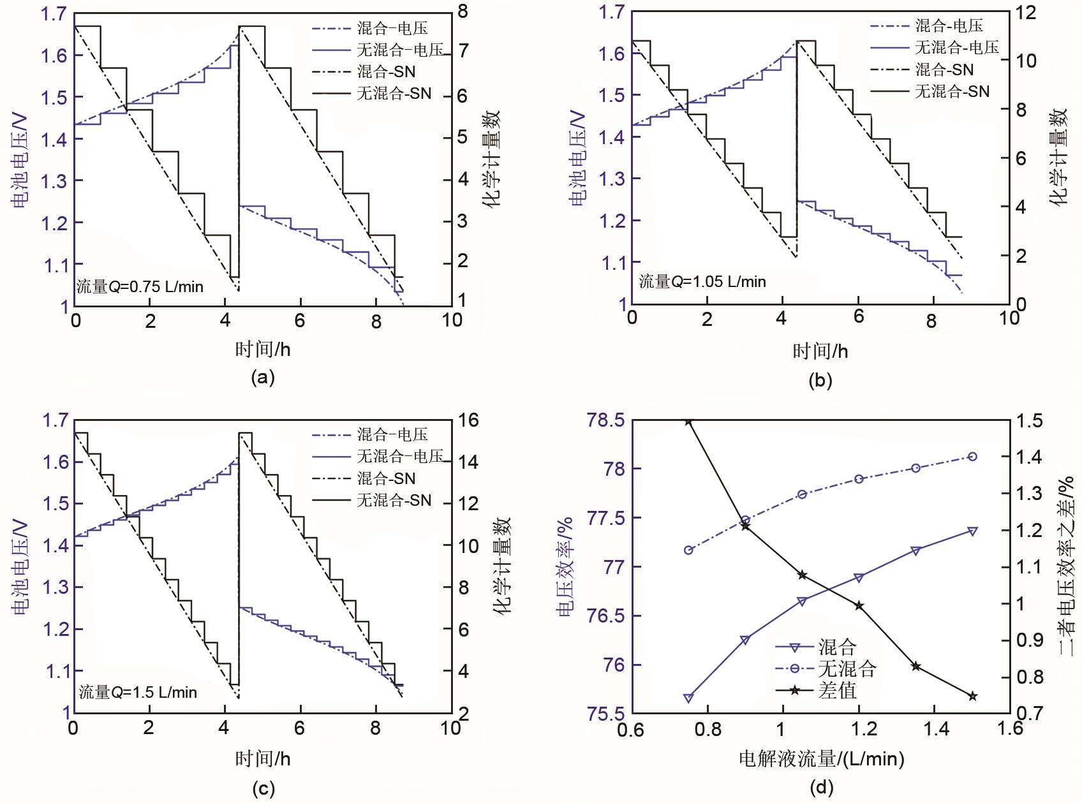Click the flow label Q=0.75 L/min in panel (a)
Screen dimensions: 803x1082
coord(140,286)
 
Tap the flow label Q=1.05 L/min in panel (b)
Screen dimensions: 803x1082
coord(702,281)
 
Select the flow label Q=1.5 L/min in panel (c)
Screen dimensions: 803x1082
coord(138,692)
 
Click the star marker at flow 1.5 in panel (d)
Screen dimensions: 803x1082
coord(973,696)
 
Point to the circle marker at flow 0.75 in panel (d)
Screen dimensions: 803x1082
coord(688,550)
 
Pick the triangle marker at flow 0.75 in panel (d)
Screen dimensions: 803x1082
coord(688,698)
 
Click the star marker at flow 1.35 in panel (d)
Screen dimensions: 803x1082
coord(916,667)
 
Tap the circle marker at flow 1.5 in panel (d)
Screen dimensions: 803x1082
coord(973,457)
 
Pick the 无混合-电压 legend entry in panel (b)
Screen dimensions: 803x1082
coord(956,47)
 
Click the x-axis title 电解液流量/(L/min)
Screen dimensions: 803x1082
coord(821,758)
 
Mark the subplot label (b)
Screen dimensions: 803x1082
coord(820,381)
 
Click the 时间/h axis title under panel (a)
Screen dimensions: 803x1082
coord(263,350)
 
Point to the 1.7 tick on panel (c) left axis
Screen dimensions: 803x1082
coord(55,421)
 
